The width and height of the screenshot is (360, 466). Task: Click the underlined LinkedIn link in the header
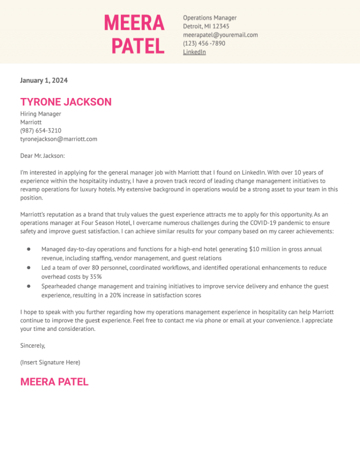point(194,52)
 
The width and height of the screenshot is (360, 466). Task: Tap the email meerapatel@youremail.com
point(220,35)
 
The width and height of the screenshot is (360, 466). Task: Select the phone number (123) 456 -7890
point(204,44)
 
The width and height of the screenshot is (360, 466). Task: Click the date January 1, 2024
point(44,81)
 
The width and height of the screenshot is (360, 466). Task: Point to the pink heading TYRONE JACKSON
point(66,102)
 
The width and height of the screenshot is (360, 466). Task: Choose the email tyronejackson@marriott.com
point(59,139)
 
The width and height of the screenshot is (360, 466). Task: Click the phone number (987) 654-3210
point(41,131)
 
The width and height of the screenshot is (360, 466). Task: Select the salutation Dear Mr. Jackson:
point(43,156)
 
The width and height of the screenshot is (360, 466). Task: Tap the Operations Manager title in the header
point(210,18)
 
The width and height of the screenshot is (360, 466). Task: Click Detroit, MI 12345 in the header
point(206,26)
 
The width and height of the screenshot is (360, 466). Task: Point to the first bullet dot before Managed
point(29,249)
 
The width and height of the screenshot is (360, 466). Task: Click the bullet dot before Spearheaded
point(29,286)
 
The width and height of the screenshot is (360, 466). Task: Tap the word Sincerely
point(33,346)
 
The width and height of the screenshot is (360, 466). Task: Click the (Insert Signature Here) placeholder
point(50,362)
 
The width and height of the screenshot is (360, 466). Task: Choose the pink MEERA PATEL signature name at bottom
point(54,382)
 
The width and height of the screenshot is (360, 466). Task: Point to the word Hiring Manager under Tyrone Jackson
point(41,114)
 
